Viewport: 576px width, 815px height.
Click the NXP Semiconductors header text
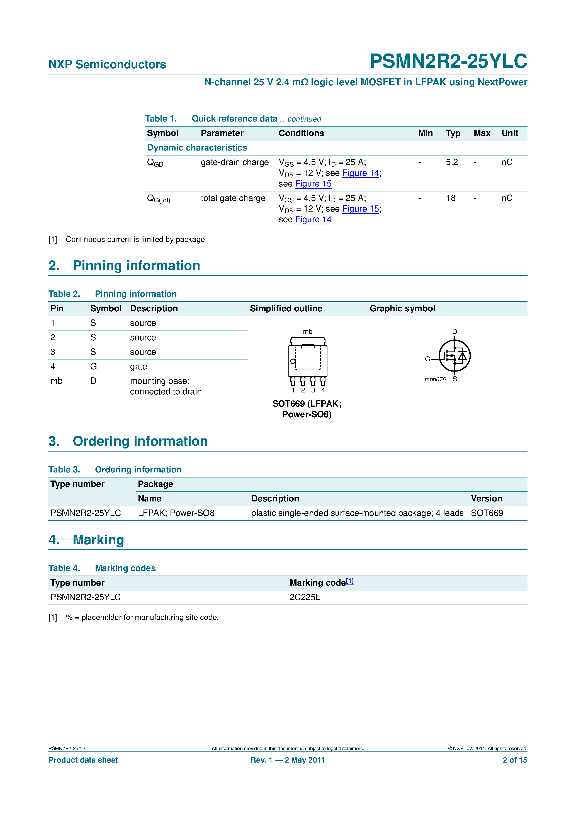(107, 64)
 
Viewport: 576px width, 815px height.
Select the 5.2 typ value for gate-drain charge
(451, 162)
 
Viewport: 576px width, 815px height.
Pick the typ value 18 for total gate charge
(450, 198)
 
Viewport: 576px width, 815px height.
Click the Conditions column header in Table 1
(301, 133)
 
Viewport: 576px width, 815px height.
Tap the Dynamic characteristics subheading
(197, 148)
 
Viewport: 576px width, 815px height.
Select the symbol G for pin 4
(93, 366)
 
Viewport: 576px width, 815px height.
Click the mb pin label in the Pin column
(56, 381)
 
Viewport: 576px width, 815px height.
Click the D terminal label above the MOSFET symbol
(454, 331)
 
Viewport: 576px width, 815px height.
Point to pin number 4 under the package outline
(323, 390)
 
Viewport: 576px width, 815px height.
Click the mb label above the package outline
(307, 331)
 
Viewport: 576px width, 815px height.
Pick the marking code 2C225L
(305, 597)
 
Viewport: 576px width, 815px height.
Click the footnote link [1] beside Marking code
(350, 581)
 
